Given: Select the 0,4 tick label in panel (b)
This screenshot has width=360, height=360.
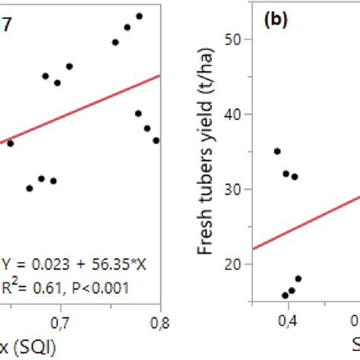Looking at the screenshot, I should click(x=289, y=322).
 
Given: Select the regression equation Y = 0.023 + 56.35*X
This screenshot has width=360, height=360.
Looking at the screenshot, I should click(x=64, y=267).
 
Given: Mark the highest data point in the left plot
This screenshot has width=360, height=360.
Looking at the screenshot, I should click(x=139, y=16).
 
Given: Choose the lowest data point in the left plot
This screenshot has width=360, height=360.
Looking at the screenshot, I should click(x=30, y=188).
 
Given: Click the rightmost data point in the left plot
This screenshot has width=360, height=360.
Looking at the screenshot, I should click(x=156, y=141).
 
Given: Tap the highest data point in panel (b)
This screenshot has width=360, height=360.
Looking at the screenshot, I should click(x=277, y=151).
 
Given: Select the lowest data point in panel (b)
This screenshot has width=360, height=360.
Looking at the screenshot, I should click(x=286, y=295).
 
